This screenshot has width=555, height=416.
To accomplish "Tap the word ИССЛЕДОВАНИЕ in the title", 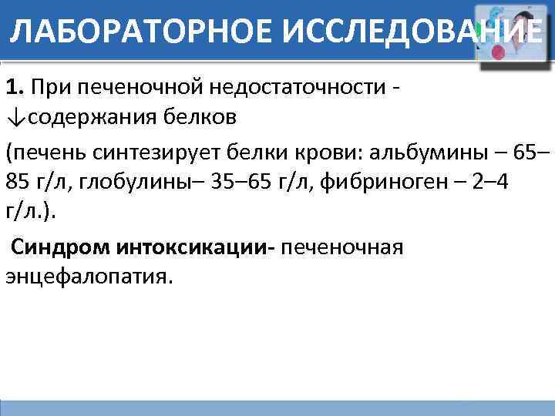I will (x=405, y=32).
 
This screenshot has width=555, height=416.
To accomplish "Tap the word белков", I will (x=198, y=119).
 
